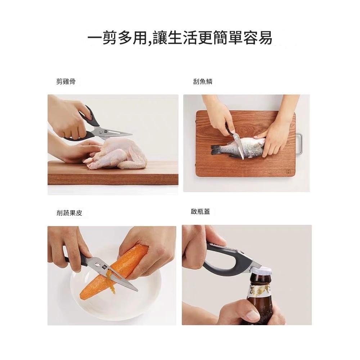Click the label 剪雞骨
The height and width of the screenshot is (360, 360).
pyautogui.click(x=66, y=81)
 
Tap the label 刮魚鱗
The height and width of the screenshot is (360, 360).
pyautogui.click(x=203, y=81)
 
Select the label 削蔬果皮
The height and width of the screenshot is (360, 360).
pyautogui.click(x=69, y=213)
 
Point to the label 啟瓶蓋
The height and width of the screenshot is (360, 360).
pyautogui.click(x=200, y=211)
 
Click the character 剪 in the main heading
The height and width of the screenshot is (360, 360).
pyautogui.click(x=109, y=37)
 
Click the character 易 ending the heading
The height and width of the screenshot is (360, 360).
pyautogui.click(x=265, y=37)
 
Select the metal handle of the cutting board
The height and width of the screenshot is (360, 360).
pyautogui.click(x=300, y=144)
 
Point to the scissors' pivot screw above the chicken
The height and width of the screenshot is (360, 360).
pyautogui.click(x=101, y=132)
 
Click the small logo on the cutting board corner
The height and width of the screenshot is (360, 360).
pyautogui.click(x=288, y=171)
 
